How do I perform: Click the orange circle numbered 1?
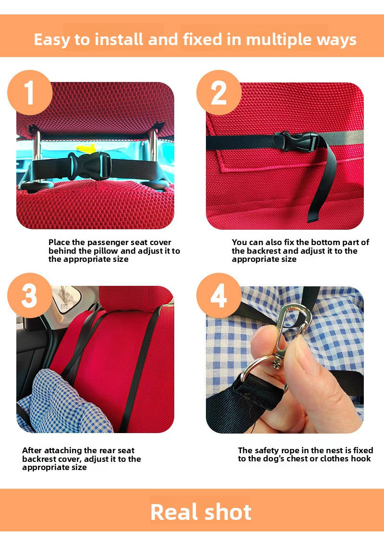pyautogui.click(x=30, y=93)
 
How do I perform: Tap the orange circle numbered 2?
pyautogui.click(x=219, y=93)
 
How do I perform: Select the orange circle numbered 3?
pyautogui.click(x=30, y=295)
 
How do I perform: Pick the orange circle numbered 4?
pyautogui.click(x=219, y=295)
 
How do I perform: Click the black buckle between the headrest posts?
pyautogui.click(x=89, y=166)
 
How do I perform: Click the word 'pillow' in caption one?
pyautogui.click(x=106, y=251)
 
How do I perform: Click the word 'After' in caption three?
pyautogui.click(x=32, y=450)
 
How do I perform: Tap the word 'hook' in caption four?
pyautogui.click(x=361, y=459)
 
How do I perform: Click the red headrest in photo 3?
pyautogui.click(x=135, y=297)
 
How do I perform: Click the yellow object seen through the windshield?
pyautogui.click(x=85, y=148)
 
